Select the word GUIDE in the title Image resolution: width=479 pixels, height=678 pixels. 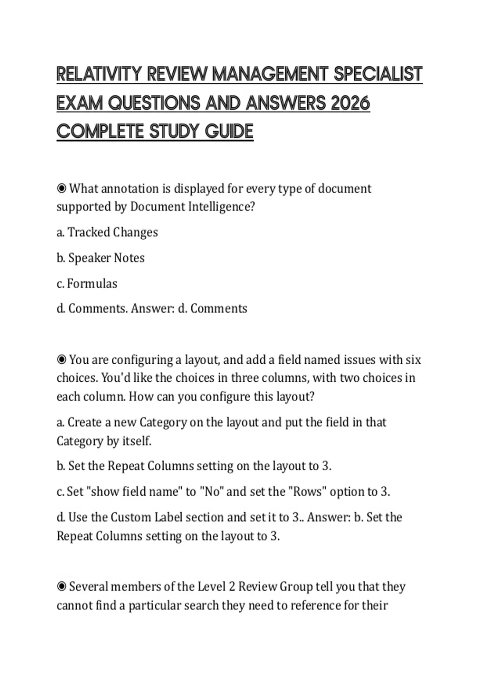coord(229,131)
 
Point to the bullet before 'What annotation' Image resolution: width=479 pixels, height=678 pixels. coord(61,188)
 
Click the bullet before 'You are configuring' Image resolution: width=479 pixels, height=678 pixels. coord(61,360)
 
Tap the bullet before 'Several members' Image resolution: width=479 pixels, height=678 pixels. coord(61,587)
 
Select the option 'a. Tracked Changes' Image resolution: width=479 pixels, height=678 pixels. coord(107,232)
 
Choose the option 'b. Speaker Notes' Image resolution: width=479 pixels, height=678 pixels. coord(101,258)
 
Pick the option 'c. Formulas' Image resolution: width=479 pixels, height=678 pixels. coord(87,284)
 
